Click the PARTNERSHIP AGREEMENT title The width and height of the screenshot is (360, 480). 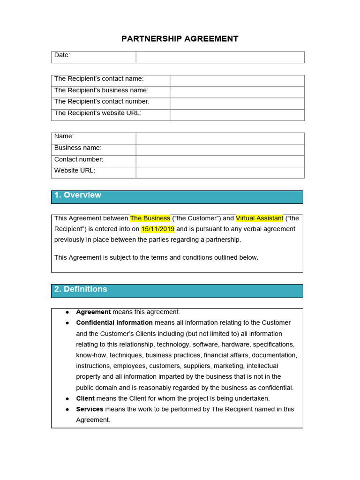[180, 39]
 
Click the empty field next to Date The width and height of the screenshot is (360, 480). [220, 57]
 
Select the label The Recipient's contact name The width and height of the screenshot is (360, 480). [99, 79]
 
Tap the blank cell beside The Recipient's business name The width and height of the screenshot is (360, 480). [237, 92]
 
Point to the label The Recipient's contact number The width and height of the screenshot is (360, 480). [102, 101]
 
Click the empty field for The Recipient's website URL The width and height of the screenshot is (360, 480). [237, 115]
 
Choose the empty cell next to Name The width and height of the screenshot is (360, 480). [220, 138]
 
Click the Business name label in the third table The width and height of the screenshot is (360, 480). [78, 148]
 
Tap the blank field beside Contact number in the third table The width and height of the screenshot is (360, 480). [220, 161]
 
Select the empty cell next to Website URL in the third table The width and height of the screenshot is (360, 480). [220, 172]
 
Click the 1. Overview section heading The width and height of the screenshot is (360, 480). [78, 195]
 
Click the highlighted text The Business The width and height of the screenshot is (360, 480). [150, 218]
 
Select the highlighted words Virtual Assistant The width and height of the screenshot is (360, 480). [260, 218]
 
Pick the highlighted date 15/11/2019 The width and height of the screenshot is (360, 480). [157, 229]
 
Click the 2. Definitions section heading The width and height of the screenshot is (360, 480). [81, 289]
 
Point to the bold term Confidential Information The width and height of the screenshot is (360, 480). [114, 323]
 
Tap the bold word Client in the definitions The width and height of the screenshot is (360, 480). [85, 398]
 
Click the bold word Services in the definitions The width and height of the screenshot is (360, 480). [90, 409]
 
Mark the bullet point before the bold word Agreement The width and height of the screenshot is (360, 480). [67, 312]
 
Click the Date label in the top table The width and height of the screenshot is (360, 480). [62, 55]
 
